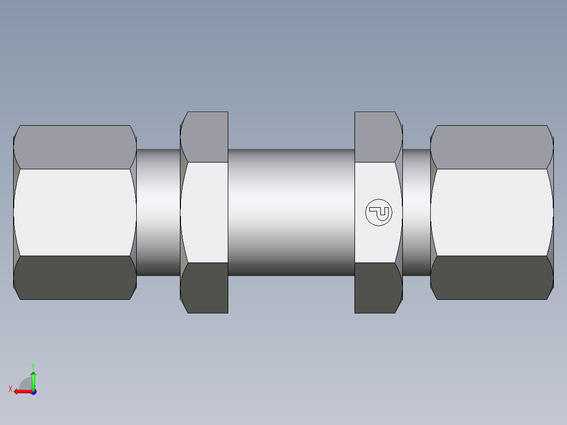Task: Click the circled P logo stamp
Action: coord(379,212)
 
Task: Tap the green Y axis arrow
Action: coord(33,378)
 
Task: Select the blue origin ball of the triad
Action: coord(33,392)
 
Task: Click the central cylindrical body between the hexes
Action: coord(291,212)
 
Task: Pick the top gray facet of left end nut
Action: coord(75,147)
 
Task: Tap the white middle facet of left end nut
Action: coord(75,212)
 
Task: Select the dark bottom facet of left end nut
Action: coord(75,278)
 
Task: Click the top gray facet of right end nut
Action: coord(492,147)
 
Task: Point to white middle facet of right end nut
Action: coord(492,212)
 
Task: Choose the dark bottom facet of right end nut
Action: coord(492,278)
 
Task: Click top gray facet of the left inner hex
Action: coord(205,137)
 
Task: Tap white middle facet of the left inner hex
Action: coord(205,212)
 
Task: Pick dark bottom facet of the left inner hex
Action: coord(205,288)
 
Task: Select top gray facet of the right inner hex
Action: coord(378,137)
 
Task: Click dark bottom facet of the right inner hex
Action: coord(378,288)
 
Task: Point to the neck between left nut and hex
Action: coord(158,212)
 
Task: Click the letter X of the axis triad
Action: coord(11,389)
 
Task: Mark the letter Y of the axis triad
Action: coord(33,365)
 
